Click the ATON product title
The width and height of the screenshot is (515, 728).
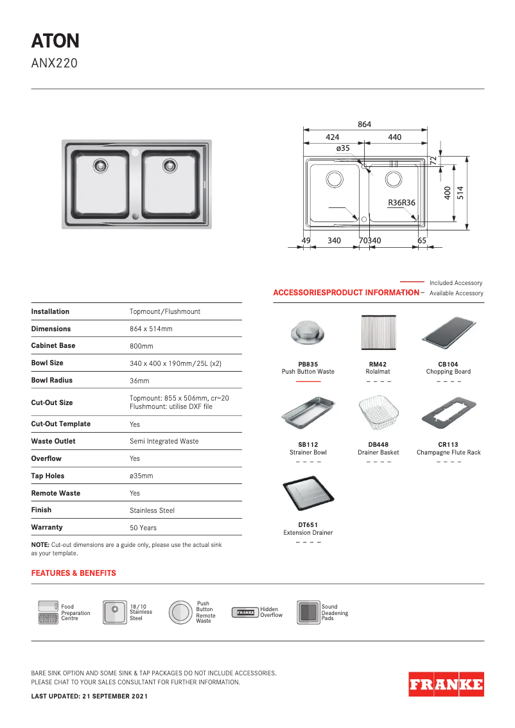point(55,41)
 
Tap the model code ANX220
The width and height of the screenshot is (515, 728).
point(55,63)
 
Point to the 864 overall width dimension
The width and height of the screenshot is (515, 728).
point(364,125)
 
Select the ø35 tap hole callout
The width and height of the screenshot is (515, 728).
point(344,148)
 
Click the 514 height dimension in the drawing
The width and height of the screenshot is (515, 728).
point(460,193)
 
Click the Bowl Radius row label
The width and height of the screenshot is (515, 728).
point(52,380)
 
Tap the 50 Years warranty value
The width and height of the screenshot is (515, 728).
point(143,528)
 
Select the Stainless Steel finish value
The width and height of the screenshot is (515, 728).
point(152,510)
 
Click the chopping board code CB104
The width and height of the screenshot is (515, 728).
point(448,364)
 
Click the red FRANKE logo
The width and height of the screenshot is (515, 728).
point(446,684)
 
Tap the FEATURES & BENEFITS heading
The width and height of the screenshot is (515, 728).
point(74,573)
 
